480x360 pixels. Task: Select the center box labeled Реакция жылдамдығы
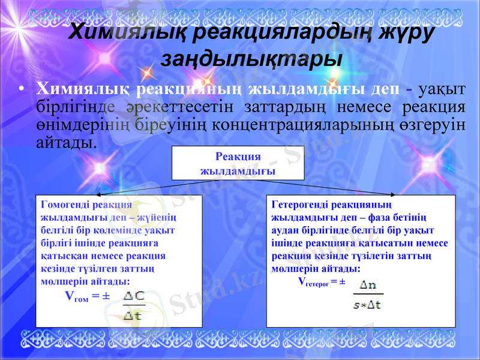point(238,163)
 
